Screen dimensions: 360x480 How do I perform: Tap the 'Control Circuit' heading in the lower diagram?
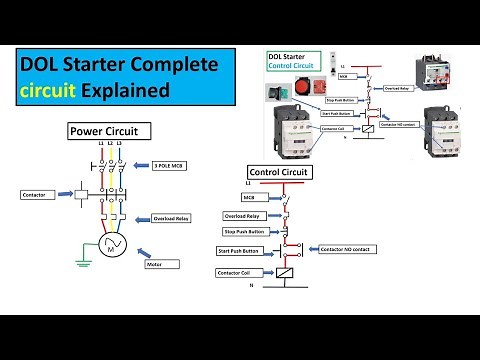click(x=278, y=172)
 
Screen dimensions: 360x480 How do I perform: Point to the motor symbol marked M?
click(x=110, y=247)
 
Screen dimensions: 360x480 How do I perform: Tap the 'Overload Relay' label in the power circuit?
click(x=171, y=217)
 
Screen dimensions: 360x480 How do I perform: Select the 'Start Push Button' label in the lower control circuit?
click(x=242, y=250)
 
